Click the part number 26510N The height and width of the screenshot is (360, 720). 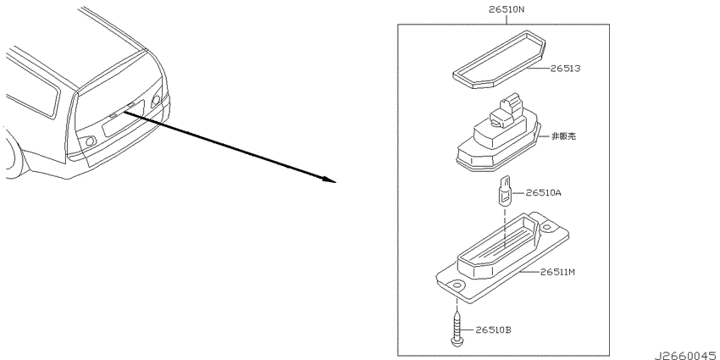(x=506, y=9)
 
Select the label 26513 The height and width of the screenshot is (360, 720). (x=565, y=69)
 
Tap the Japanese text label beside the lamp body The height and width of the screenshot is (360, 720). (x=563, y=136)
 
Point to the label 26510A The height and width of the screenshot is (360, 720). (x=543, y=193)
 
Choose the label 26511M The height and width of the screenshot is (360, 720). (x=557, y=272)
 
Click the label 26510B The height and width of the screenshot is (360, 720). (x=493, y=330)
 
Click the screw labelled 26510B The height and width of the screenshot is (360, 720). (x=457, y=329)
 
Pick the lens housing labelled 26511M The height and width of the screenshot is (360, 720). (x=502, y=258)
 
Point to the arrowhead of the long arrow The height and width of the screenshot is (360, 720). (x=330, y=180)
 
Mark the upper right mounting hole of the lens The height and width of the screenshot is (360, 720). (x=546, y=227)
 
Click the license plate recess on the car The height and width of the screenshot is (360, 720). (x=123, y=119)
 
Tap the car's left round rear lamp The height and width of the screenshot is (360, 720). (x=91, y=141)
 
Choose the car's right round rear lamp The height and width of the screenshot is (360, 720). (x=156, y=100)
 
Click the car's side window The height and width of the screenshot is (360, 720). (x=32, y=90)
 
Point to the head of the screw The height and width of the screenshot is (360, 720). (x=457, y=341)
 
